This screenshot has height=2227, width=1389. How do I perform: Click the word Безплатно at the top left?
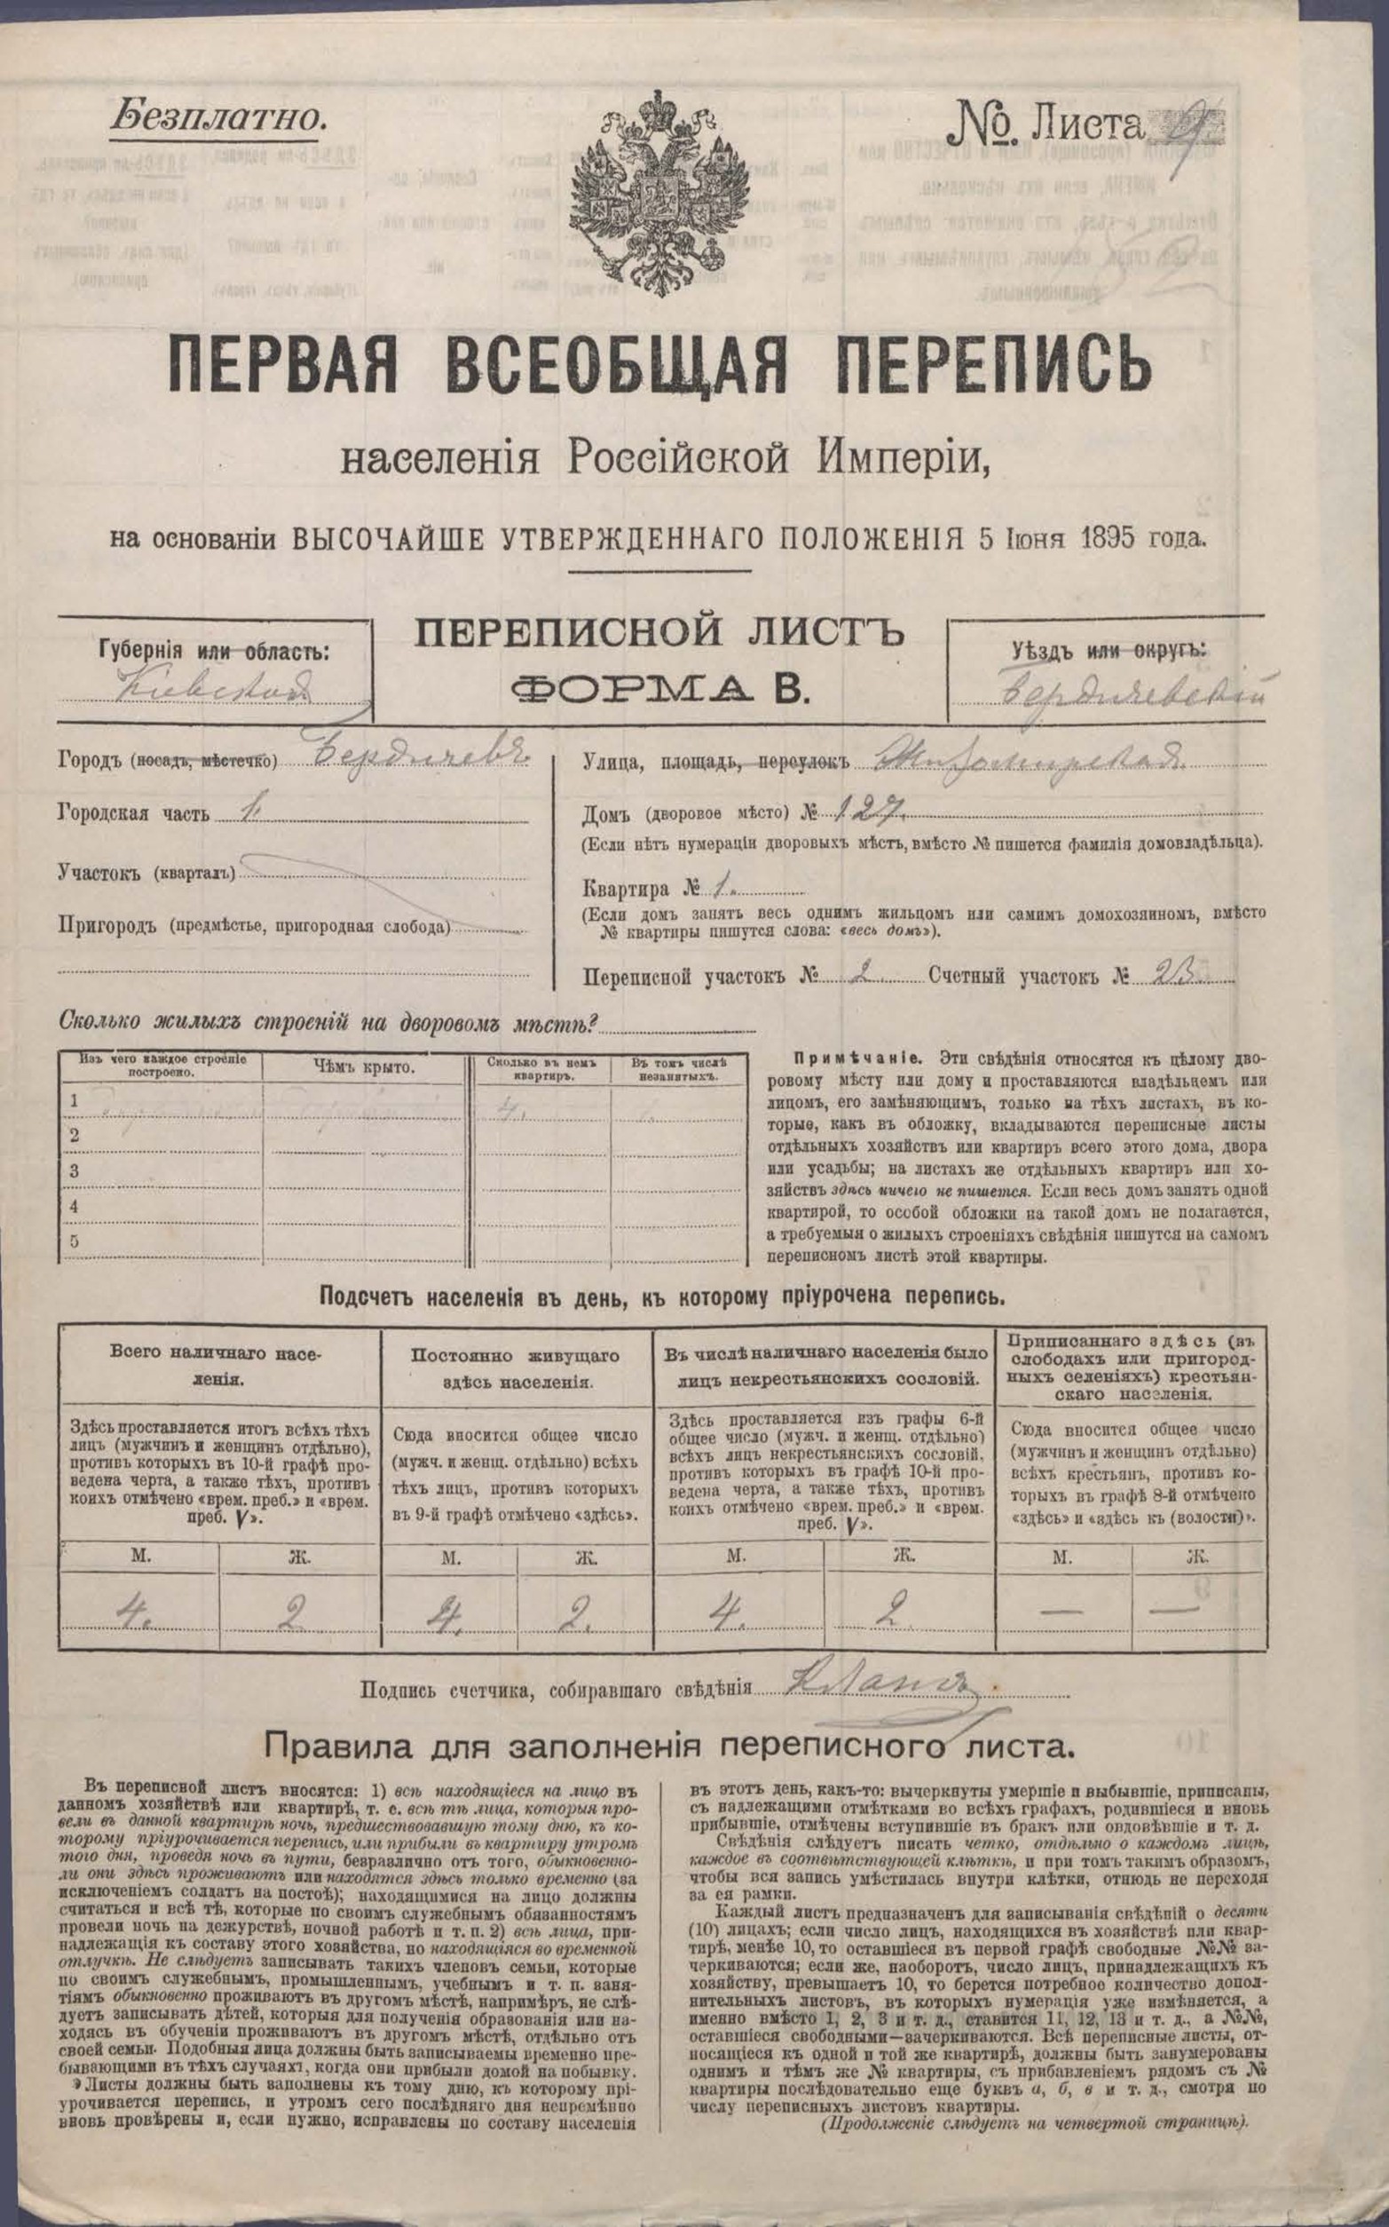(x=217, y=116)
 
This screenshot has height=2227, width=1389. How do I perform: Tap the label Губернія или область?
(x=213, y=651)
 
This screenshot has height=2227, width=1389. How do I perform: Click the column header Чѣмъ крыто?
(x=364, y=1067)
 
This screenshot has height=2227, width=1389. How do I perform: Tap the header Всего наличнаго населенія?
(x=218, y=1367)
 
